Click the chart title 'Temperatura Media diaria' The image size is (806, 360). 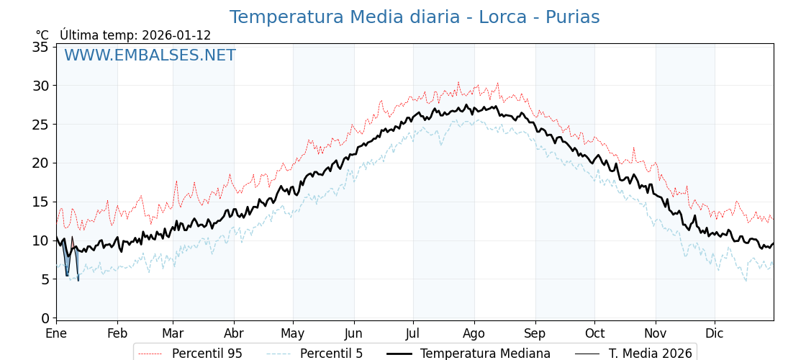pos(345,17)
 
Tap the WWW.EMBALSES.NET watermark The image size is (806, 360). pos(150,55)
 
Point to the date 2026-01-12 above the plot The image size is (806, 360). pos(176,35)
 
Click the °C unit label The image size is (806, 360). pos(42,35)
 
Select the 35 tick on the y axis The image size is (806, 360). pos(41,47)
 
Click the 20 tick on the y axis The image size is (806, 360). pos(41,163)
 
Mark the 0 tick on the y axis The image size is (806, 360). pos(45,318)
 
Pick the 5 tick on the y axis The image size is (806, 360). pos(45,279)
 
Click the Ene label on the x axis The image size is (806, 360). pos(56,333)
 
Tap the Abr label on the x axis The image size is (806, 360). pos(233,333)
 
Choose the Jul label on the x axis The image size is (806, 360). pos(413,333)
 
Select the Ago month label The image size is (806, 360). pos(474,333)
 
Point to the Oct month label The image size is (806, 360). pos(594,333)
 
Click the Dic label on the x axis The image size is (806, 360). pos(715,333)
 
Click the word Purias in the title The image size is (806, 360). pos(572,17)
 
